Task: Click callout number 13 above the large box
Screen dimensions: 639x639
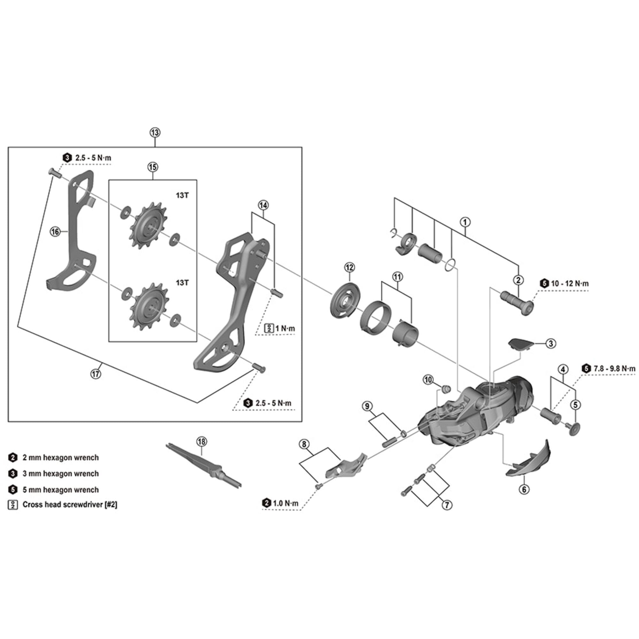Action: pos(155,133)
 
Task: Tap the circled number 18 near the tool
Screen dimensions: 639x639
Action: pos(201,442)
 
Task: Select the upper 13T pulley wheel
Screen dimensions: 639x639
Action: pos(149,226)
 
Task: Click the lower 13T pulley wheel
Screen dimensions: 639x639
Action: pos(149,306)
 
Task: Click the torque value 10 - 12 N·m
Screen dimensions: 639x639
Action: pos(570,284)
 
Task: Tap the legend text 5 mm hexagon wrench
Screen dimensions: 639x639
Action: pos(60,490)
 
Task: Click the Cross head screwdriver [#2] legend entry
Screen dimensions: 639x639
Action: pos(70,505)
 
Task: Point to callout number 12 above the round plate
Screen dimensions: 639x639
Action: pos(349,267)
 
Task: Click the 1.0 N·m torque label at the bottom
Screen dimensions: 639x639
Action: pos(286,504)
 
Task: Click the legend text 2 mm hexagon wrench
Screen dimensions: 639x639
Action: pos(60,458)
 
